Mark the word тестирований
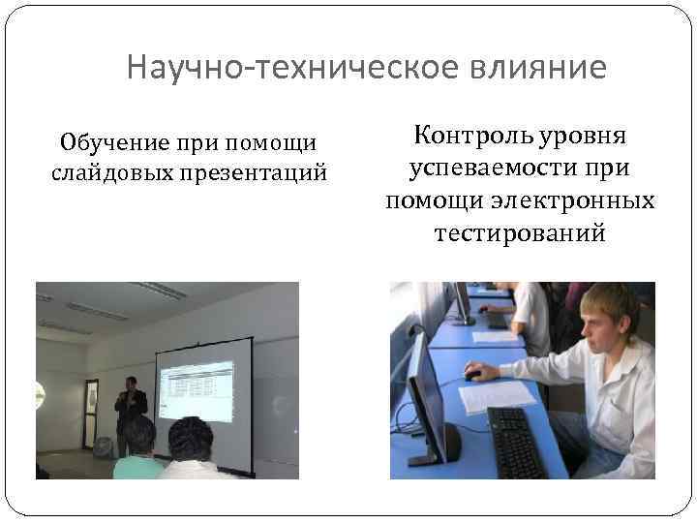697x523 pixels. click(x=520, y=233)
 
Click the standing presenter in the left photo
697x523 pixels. click(x=130, y=411)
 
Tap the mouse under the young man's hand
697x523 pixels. click(x=472, y=374)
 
